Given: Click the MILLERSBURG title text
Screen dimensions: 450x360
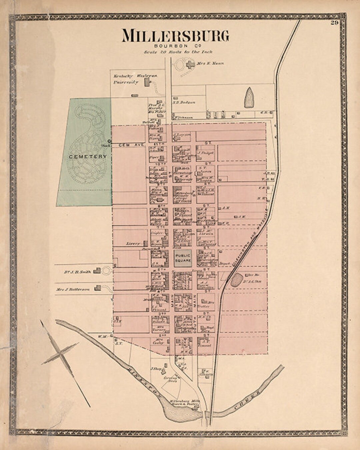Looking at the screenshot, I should pyautogui.click(x=175, y=36).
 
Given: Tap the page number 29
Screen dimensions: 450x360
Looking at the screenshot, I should pyautogui.click(x=335, y=23).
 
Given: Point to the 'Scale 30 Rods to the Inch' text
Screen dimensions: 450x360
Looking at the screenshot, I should pyautogui.click(x=178, y=52).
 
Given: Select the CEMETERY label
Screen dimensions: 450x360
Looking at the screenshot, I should pyautogui.click(x=88, y=156).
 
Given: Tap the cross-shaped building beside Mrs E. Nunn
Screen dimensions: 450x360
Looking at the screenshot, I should pyautogui.click(x=190, y=64).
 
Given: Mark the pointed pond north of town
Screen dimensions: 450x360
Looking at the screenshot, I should pyautogui.click(x=249, y=98).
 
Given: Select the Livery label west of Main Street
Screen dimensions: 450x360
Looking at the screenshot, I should pyautogui.click(x=133, y=244).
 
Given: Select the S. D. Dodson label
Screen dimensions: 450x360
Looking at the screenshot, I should pyautogui.click(x=184, y=103).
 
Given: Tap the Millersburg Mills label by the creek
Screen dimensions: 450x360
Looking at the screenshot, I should pyautogui.click(x=184, y=401).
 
